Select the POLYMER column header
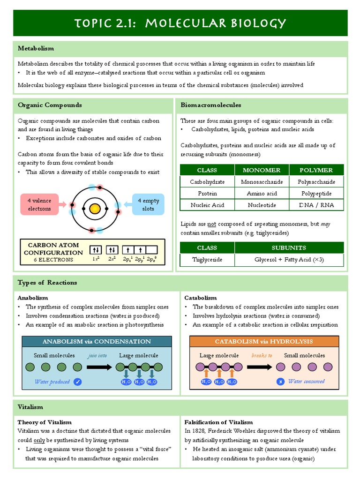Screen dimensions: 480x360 [316, 170]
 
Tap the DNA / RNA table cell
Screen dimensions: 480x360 [316, 205]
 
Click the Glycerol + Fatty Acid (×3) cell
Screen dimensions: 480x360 [289, 259]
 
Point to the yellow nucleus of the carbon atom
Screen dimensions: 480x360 [95, 208]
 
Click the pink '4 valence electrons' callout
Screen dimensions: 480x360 [39, 204]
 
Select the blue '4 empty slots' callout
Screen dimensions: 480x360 [148, 204]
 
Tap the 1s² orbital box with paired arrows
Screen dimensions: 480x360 [96, 250]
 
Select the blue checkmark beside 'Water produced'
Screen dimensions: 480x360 [78, 382]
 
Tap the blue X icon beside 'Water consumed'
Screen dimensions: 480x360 [280, 382]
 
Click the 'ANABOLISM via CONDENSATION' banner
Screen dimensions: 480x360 [97, 341]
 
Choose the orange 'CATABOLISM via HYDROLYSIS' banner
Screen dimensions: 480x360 [263, 341]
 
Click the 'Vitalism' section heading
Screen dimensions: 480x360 [30, 407]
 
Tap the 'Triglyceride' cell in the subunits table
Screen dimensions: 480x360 [207, 259]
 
